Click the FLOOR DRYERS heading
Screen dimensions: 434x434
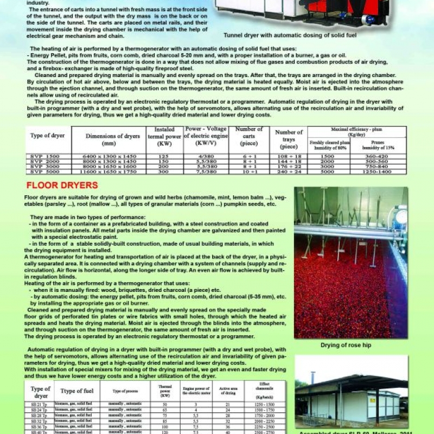pos(62,186)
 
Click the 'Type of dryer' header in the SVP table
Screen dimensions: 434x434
pos(48,135)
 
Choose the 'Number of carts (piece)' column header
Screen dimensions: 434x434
pos(249,136)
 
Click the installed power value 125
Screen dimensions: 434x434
pos(164,156)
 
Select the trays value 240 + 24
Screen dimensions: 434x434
pos(289,171)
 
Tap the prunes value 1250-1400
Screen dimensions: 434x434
pos(378,171)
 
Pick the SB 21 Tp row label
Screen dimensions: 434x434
pos(39,405)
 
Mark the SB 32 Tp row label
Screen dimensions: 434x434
pos(39,420)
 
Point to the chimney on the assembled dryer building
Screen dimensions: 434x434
pos(312,378)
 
